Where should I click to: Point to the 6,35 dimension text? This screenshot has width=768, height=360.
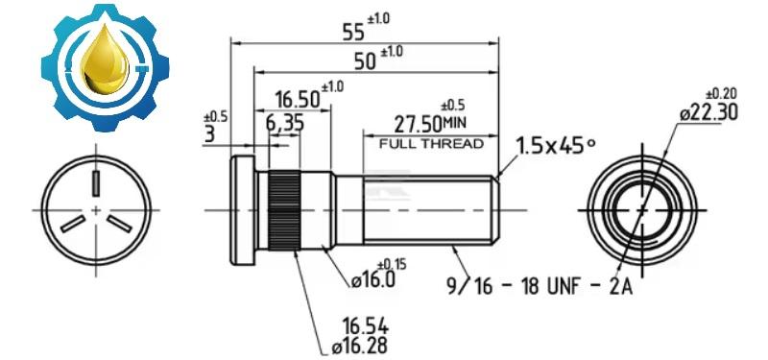pyautogui.click(x=285, y=123)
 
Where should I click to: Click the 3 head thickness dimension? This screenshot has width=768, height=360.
pyautogui.click(x=209, y=134)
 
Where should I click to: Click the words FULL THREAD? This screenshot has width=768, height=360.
pyautogui.click(x=431, y=144)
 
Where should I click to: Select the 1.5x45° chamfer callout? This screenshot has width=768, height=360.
pyautogui.click(x=556, y=146)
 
